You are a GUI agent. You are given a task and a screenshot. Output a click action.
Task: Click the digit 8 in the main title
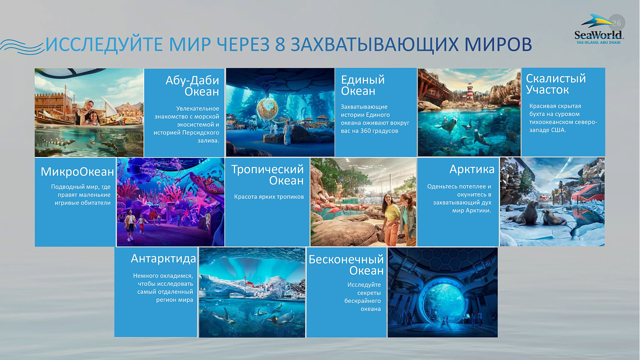280,44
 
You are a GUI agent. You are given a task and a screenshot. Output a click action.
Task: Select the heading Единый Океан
363,85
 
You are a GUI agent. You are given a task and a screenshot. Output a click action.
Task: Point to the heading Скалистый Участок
556,84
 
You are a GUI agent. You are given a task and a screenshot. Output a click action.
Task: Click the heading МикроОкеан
77,171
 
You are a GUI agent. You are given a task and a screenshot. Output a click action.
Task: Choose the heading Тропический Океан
268,175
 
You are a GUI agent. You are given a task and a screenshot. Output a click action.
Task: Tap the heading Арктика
471,169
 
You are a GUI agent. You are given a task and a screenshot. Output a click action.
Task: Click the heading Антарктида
163,258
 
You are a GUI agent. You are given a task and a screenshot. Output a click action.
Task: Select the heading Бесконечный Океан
346,265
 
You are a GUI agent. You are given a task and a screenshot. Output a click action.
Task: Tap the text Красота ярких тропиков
269,197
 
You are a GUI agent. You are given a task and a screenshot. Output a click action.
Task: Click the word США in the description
558,130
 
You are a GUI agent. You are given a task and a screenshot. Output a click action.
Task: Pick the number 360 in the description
366,131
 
